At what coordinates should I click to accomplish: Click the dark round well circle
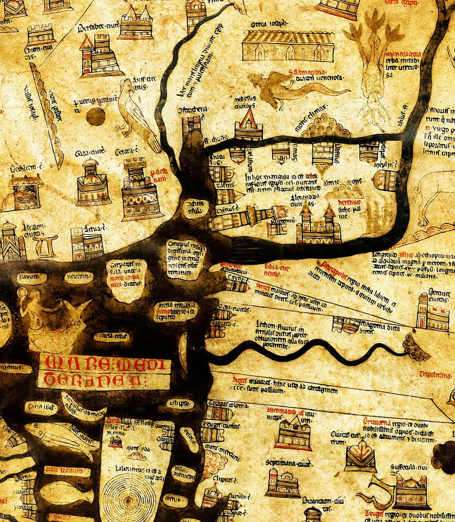click(x=96, y=116)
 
